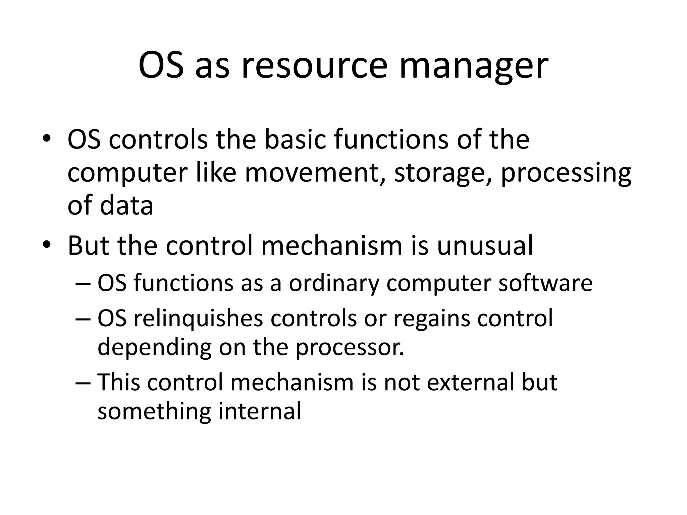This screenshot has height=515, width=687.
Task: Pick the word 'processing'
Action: (x=566, y=174)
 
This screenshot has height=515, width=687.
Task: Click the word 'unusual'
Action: (x=485, y=246)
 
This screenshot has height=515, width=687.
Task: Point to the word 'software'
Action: (x=545, y=283)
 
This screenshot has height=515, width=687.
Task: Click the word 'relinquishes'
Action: (x=198, y=319)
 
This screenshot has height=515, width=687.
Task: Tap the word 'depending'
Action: (x=154, y=348)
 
